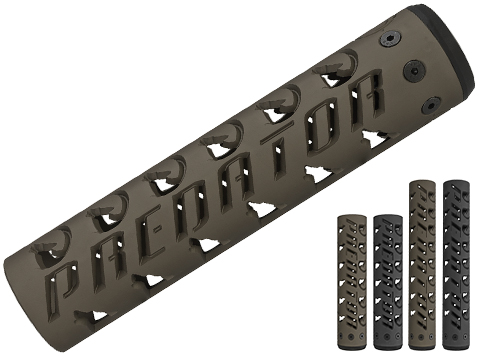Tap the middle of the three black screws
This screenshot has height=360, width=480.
tap(413, 69)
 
